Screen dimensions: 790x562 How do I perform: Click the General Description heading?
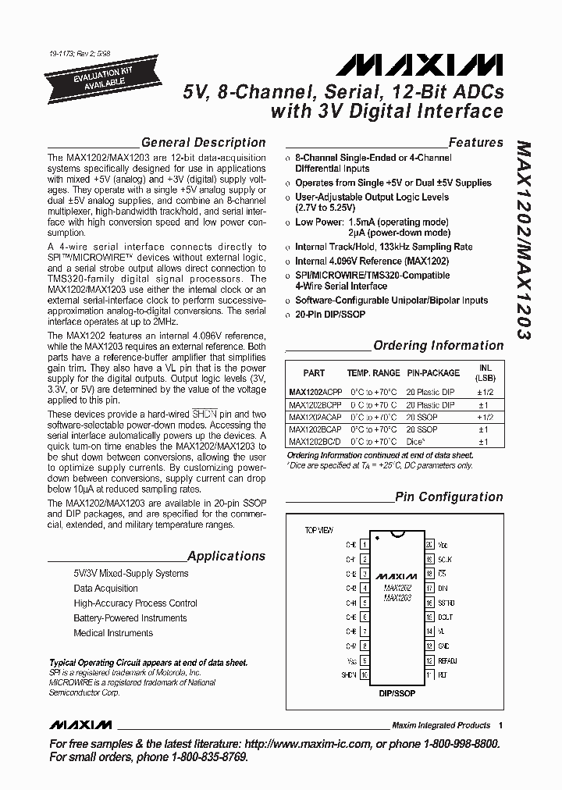tap(203, 142)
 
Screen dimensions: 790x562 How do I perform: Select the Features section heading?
tap(475, 142)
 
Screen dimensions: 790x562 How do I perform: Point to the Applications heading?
tap(226, 556)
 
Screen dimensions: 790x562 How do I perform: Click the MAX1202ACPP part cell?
tap(314, 391)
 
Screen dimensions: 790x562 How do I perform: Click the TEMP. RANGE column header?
tap(373, 373)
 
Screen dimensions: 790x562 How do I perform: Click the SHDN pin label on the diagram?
tap(347, 674)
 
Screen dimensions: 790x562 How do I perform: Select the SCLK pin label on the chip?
tap(445, 559)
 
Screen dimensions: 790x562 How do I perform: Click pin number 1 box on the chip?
tap(365, 544)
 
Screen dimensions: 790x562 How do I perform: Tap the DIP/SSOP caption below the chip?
tap(397, 692)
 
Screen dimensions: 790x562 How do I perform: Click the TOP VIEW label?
tap(320, 530)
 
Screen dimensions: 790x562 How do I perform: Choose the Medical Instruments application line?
tap(113, 633)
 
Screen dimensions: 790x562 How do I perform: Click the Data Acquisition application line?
tap(105, 589)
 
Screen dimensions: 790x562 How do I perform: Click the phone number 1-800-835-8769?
tap(203, 757)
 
